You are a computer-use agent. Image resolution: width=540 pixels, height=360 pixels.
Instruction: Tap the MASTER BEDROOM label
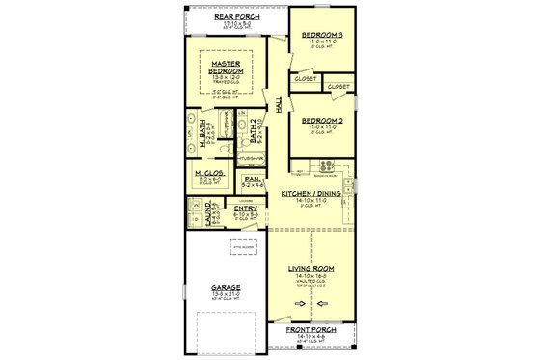pos(231,68)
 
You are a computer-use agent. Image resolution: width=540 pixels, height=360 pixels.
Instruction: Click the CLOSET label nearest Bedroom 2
pos(338,87)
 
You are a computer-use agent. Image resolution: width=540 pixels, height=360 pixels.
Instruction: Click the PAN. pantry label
pos(251,179)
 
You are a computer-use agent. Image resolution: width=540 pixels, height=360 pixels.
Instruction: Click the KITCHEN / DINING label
pos(311,194)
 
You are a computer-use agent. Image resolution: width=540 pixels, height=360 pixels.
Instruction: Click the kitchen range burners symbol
pos(327,164)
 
